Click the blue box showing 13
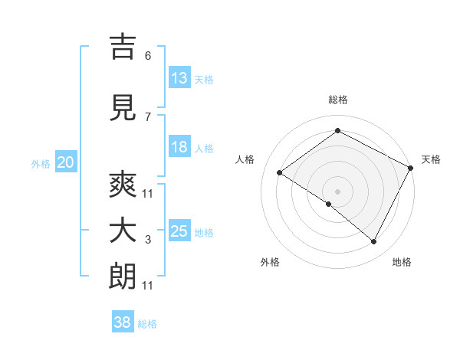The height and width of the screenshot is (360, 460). point(179,78)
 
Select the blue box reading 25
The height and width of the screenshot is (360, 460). point(179,231)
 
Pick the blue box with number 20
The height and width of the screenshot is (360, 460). point(66,162)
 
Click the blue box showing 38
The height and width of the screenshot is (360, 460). point(123,322)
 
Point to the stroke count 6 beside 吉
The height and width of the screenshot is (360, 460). point(147,56)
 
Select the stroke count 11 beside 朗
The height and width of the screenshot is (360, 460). point(147,286)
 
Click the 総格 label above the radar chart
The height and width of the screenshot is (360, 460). point(338,100)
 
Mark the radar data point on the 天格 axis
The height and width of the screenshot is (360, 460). point(412,168)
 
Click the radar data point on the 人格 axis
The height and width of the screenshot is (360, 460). point(280,173)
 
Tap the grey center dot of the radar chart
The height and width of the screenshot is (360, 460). point(337,190)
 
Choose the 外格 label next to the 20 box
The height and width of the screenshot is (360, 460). point(41,163)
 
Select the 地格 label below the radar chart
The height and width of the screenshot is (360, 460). point(402,262)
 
